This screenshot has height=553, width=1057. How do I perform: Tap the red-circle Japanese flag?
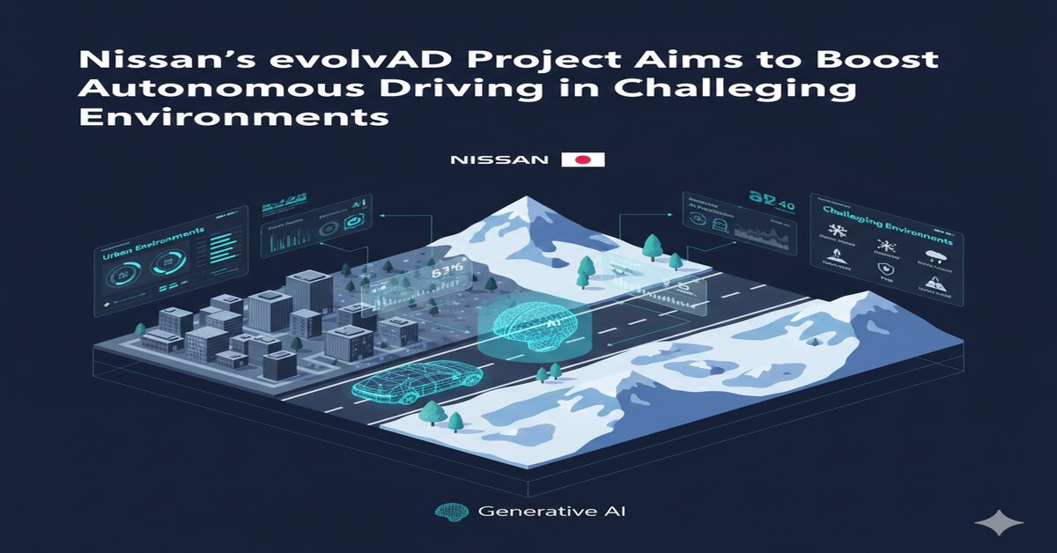pyautogui.click(x=582, y=159)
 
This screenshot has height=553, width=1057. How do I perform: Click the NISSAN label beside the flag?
pyautogui.click(x=499, y=160)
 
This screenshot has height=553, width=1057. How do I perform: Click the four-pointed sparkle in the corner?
pyautogui.click(x=999, y=522)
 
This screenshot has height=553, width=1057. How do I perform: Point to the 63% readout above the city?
pyautogui.click(x=446, y=270)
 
